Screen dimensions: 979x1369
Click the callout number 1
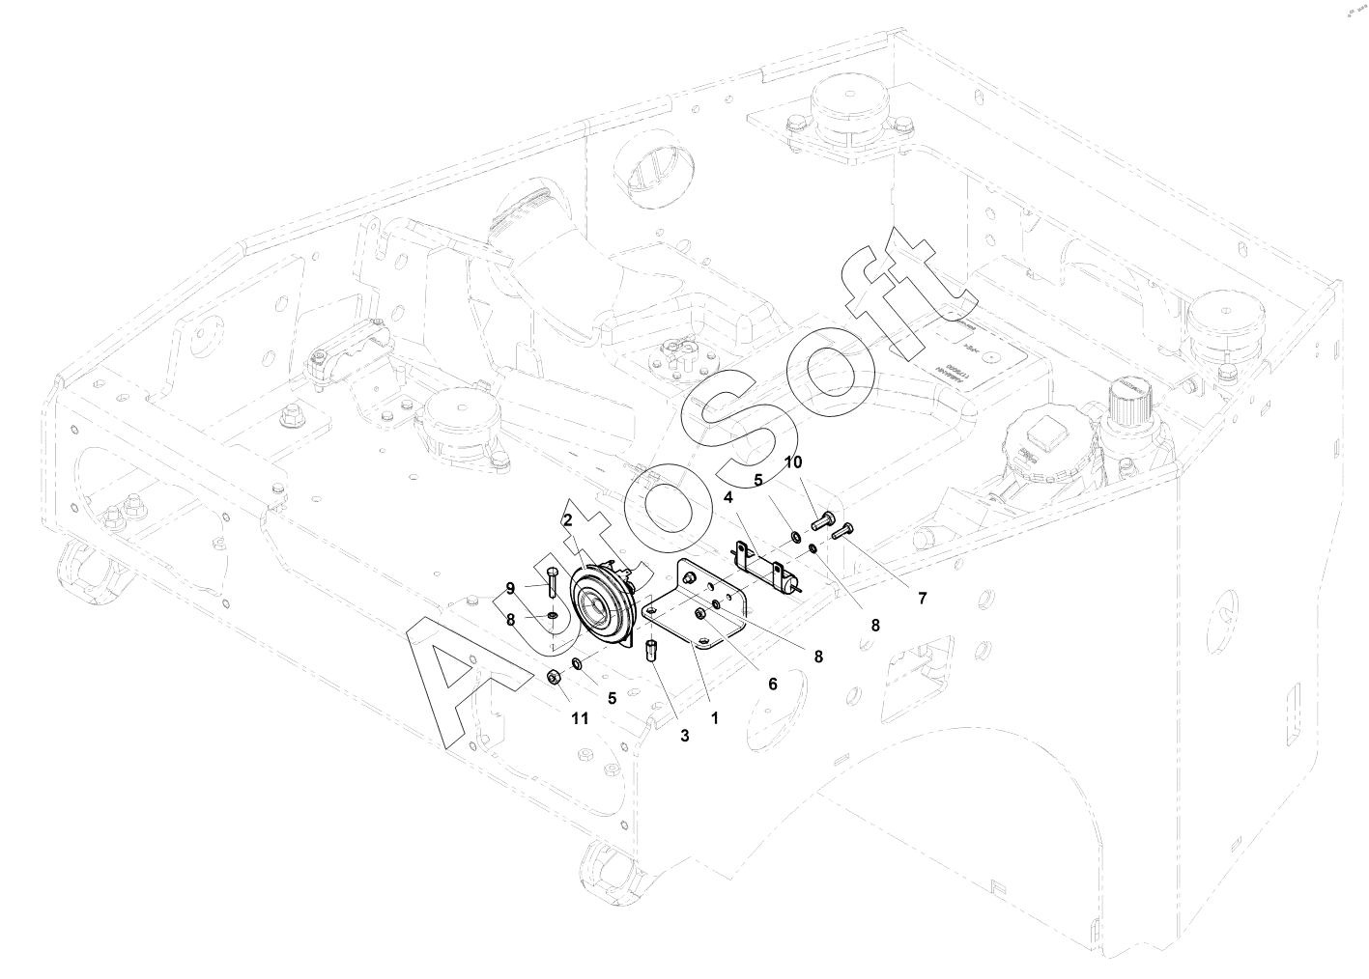(x=714, y=718)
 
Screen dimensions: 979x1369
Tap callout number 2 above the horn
(x=568, y=519)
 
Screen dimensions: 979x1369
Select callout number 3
(x=684, y=736)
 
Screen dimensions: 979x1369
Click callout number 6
(x=772, y=683)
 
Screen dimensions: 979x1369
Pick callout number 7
(x=922, y=599)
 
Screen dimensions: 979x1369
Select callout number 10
(x=792, y=462)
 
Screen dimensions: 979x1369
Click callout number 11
(x=579, y=718)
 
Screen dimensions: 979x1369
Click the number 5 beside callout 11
(x=611, y=696)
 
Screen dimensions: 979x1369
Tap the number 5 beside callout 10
(x=758, y=480)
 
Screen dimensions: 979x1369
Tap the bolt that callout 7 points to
(x=844, y=530)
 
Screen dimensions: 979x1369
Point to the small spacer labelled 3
(x=652, y=648)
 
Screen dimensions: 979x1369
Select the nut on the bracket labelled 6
(x=700, y=614)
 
